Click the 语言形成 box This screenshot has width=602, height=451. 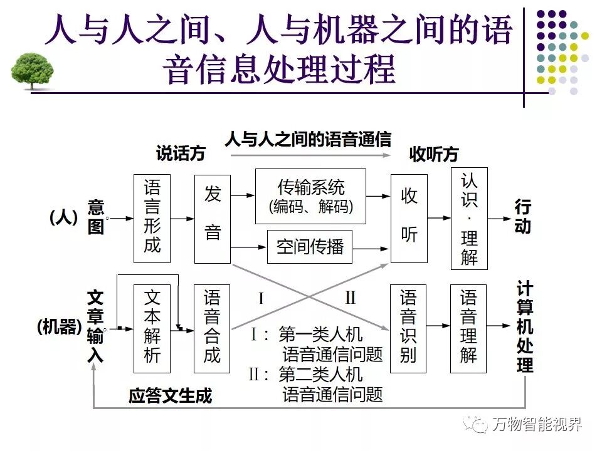tap(152, 218)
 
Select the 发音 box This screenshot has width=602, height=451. tap(213, 218)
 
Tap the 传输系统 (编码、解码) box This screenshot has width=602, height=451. tap(310, 196)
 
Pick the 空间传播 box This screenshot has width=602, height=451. tap(310, 247)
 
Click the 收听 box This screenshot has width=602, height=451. tap(409, 218)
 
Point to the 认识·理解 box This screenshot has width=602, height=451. tap(469, 219)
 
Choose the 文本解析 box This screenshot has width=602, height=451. tap(152, 328)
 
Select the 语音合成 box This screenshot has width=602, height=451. tap(213, 328)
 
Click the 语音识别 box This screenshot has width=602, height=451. tap(409, 328)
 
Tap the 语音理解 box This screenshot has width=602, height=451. tap(469, 328)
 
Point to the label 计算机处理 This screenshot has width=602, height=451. tap(525, 327)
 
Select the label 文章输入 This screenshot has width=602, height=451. tap(95, 327)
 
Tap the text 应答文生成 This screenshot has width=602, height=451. tap(171, 396)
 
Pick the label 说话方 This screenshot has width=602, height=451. tap(181, 153)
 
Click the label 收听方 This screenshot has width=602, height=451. tap(434, 153)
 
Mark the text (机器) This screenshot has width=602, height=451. tap(60, 327)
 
